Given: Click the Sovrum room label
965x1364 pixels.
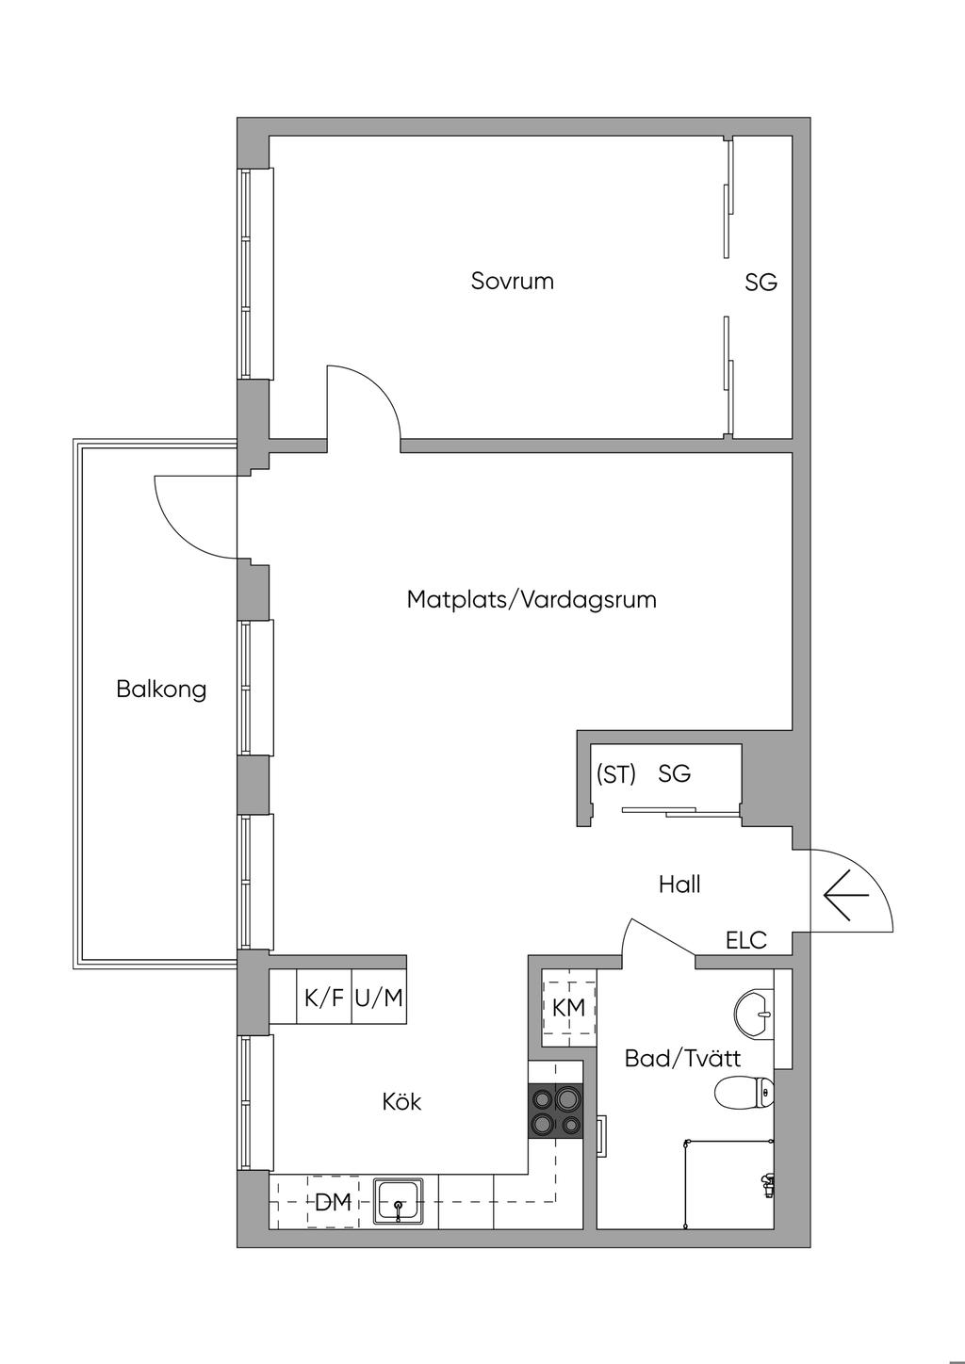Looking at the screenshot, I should tap(512, 281).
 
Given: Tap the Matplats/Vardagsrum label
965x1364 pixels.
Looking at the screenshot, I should tap(532, 599).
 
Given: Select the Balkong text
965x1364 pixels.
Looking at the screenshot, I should tap(161, 689).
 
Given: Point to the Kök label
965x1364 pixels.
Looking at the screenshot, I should tap(401, 1100).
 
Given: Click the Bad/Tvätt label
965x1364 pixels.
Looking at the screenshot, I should tap(682, 1058).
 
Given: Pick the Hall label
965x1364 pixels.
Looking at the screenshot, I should tap(679, 885).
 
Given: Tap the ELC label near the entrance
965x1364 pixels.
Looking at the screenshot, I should tap(746, 939).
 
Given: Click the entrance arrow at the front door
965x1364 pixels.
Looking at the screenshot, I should tap(845, 894).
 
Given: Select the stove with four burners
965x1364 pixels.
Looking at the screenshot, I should tap(557, 1111).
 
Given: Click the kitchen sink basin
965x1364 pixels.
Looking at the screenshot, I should tap(399, 1201).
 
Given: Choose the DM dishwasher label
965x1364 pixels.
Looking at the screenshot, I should tap(333, 1202).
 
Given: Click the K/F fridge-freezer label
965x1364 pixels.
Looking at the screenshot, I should tap(324, 998).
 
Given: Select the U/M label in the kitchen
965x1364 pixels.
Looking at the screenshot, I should tap(379, 998).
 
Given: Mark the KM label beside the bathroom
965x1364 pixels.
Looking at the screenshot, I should tap(568, 1007).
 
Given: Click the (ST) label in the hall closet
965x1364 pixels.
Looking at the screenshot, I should tap(616, 774).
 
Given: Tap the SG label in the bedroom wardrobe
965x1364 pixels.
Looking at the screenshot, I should tap(761, 282).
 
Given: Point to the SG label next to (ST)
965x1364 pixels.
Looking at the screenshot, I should tap(675, 774).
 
